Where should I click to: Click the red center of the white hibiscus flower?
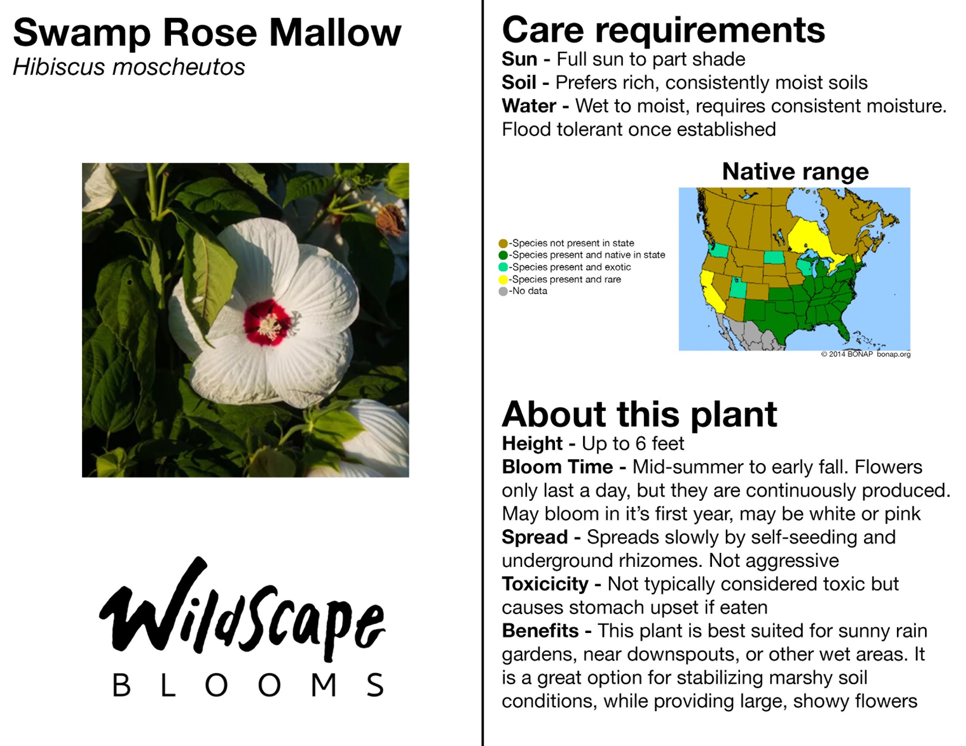(267, 323)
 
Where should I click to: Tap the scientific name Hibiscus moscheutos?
(129, 67)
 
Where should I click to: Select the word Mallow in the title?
(335, 33)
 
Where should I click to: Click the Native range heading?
(796, 171)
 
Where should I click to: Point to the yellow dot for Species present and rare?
(503, 280)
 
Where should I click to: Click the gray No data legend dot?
(503, 291)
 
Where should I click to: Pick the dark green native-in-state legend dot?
(503, 255)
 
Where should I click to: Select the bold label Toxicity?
(545, 584)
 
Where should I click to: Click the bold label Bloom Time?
(557, 467)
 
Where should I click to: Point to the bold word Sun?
(519, 59)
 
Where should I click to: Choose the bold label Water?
(529, 106)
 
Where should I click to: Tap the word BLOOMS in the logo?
(248, 685)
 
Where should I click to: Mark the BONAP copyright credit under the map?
(866, 354)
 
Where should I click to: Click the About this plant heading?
(639, 414)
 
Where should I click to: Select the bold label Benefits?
(540, 631)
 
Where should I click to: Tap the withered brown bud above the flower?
(390, 220)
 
